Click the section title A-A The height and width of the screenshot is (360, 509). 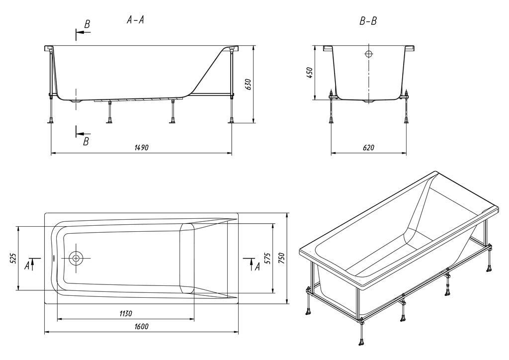[136, 20]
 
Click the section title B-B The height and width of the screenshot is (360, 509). [368, 21]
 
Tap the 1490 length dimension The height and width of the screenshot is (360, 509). [141, 148]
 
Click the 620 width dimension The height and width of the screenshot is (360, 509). [368, 148]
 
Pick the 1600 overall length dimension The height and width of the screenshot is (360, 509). [141, 326]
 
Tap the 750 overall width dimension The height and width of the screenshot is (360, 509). [282, 258]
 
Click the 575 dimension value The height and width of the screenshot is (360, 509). [267, 258]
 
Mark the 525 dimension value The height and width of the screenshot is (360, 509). [13, 258]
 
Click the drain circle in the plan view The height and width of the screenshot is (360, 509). [76, 258]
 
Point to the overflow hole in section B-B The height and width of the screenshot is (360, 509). [369, 54]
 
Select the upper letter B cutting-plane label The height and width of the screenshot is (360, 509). [87, 24]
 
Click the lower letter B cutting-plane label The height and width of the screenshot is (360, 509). [86, 142]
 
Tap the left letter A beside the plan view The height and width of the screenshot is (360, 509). [27, 266]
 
